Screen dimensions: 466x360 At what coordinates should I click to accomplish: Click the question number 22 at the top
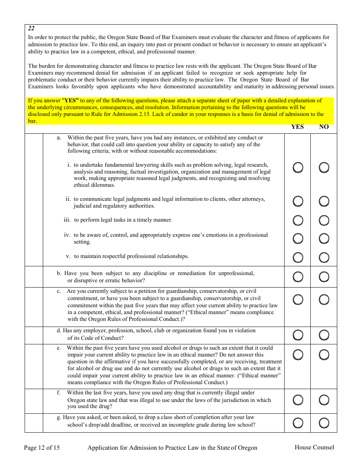click(31, 28)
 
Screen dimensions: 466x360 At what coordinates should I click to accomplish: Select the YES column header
click(297, 127)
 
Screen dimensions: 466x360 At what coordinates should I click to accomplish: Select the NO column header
click(324, 127)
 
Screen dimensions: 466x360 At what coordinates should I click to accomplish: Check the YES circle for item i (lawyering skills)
click(298, 167)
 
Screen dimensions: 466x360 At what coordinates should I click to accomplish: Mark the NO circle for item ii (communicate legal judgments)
click(324, 201)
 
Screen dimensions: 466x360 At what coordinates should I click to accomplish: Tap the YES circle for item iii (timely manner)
click(298, 220)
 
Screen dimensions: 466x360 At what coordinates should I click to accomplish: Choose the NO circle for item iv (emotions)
click(324, 238)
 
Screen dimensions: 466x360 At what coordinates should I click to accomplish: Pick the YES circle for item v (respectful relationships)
click(298, 257)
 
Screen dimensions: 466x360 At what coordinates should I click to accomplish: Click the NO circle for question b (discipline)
click(324, 277)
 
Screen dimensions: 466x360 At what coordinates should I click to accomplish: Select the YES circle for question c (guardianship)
click(298, 300)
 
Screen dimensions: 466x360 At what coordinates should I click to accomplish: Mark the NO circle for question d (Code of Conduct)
click(324, 335)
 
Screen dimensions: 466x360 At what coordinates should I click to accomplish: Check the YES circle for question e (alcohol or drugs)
click(298, 355)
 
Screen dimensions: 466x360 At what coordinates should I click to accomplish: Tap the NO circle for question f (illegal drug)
click(324, 400)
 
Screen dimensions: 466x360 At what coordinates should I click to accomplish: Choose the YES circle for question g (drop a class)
click(298, 423)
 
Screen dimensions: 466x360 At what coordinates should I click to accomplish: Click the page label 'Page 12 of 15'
click(42, 448)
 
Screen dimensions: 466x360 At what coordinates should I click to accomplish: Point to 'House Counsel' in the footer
click(314, 447)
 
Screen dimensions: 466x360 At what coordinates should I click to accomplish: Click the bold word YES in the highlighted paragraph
click(70, 101)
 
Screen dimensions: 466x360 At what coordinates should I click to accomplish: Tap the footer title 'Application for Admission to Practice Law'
click(172, 448)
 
